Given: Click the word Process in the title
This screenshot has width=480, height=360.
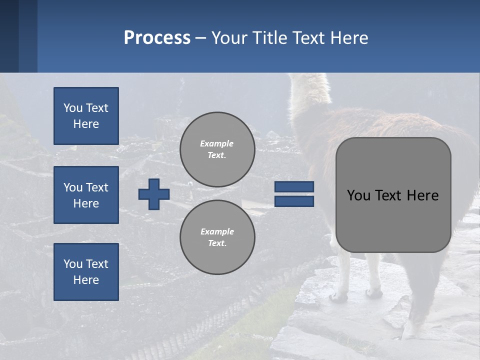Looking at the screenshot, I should coord(157,38).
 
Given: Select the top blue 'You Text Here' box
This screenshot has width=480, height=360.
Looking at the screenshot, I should coord(86,116).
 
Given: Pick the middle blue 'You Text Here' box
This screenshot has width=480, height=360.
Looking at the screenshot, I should coord(86,195).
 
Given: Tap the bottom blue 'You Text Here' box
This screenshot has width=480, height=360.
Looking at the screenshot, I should coord(86,272).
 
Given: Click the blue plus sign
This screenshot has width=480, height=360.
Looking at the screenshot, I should coord(154,194).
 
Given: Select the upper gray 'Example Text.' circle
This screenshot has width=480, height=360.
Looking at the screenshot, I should coord(217,149).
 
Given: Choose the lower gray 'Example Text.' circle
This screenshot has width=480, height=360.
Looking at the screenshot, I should coord(217,237).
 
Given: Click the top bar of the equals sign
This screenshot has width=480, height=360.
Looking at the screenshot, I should coord(294,186).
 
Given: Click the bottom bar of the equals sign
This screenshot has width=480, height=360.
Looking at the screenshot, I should coord(294,201).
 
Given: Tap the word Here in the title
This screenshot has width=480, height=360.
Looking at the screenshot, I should coord(349,38).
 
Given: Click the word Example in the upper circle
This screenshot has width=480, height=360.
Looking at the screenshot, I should coord(217,143).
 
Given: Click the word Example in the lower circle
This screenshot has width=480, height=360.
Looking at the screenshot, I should coord(217,231).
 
